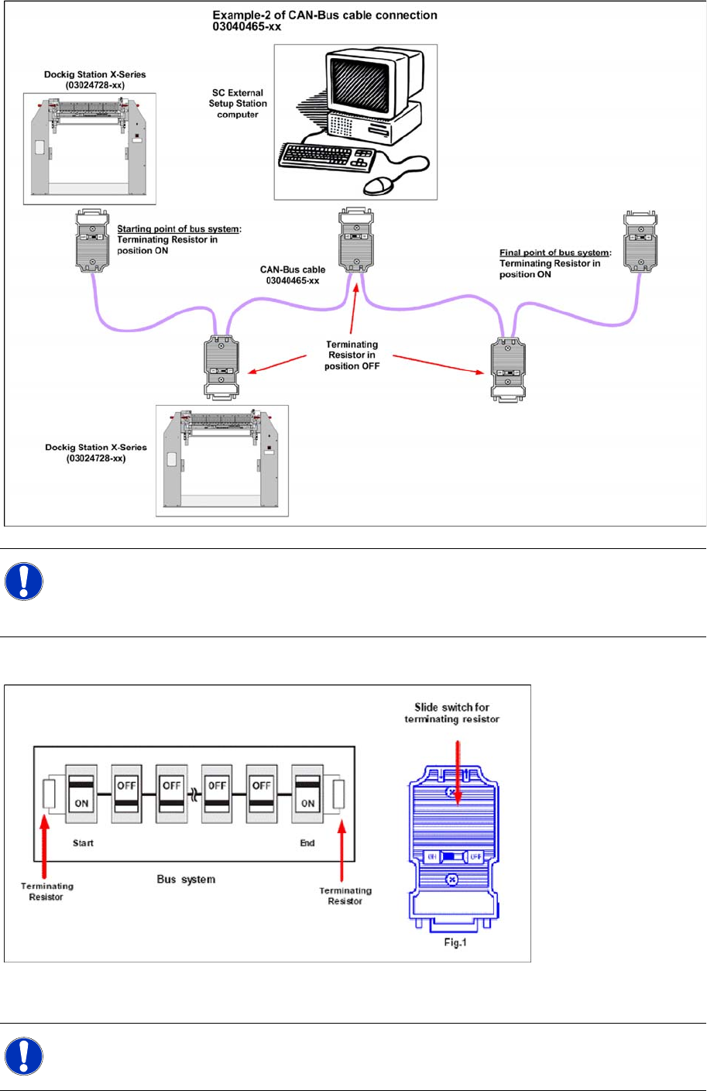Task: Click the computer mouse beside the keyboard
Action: tap(379, 184)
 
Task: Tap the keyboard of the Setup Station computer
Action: tap(326, 158)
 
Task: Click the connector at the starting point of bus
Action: tap(92, 241)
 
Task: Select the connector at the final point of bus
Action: tap(640, 243)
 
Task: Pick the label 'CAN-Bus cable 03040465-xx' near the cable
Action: tap(293, 275)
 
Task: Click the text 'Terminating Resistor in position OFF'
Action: tap(352, 355)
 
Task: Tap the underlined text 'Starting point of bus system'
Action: tap(177, 229)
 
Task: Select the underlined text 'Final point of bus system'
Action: tap(554, 252)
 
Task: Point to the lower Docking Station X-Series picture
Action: tap(222, 461)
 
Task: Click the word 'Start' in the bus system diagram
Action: tap(83, 842)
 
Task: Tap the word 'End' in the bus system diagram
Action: tap(307, 842)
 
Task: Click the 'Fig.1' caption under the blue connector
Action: tap(455, 942)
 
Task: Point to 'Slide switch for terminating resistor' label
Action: tap(452, 713)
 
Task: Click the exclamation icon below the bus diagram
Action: tap(23, 1056)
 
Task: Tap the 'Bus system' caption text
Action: tap(186, 880)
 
